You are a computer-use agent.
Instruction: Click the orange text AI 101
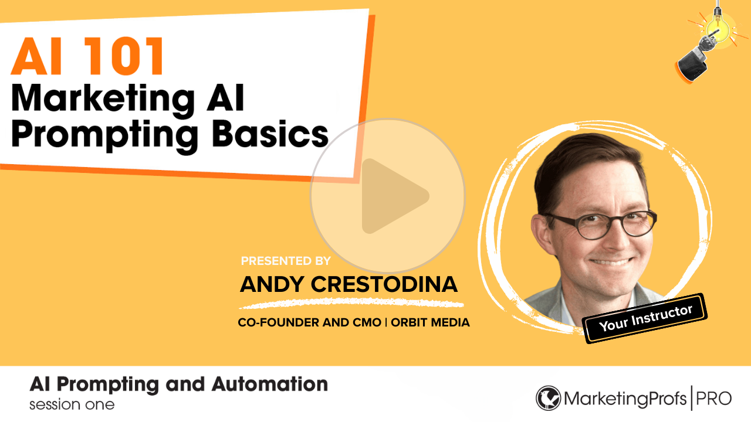(87, 56)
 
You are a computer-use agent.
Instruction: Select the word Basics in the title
(270, 133)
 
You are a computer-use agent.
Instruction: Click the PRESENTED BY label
(286, 261)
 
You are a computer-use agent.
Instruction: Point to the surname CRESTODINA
(384, 284)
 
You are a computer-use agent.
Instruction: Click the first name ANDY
(272, 284)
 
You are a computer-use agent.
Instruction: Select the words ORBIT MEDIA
(430, 322)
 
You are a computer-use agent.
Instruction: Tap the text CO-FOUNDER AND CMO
(309, 322)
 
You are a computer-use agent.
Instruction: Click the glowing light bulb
(718, 28)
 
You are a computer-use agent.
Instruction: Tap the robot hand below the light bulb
(698, 57)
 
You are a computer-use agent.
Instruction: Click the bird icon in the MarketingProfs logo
(548, 398)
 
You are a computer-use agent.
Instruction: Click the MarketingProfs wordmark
(625, 399)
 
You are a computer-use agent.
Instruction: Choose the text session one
(72, 404)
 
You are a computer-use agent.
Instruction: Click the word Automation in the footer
(269, 384)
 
